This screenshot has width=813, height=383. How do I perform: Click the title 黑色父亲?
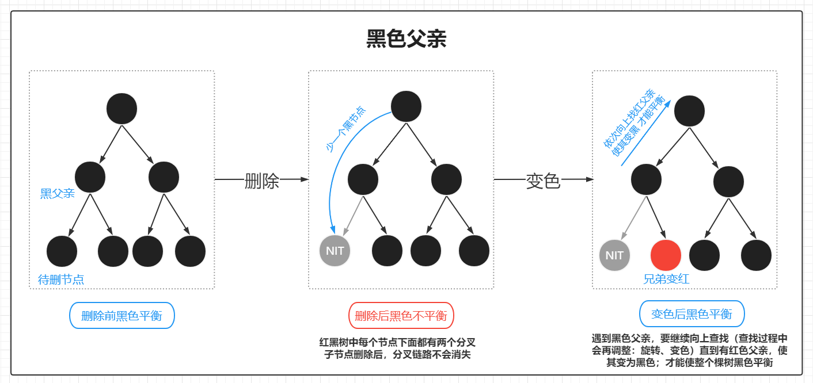point(406,39)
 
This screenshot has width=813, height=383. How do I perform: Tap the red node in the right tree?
point(666,255)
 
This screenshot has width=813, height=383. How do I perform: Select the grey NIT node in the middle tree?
point(335,251)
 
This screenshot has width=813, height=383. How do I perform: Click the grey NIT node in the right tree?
point(614,255)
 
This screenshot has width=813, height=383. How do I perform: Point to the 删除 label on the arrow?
point(262,181)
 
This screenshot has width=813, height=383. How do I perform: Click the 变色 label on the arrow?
point(543,181)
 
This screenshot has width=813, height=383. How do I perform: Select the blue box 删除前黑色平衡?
point(121,316)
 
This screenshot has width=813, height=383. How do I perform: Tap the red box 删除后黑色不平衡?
point(401,316)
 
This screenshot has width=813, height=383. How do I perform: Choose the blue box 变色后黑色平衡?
point(692,315)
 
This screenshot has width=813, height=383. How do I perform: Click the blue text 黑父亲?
point(58,194)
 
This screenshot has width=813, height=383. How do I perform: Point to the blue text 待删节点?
point(61,280)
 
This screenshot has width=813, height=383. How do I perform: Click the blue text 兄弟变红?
point(666,279)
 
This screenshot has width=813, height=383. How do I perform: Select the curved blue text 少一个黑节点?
point(345,129)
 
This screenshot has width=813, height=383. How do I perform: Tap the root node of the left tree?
point(121,109)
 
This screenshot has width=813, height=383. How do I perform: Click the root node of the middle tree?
point(406,106)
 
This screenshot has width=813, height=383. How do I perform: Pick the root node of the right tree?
point(689,111)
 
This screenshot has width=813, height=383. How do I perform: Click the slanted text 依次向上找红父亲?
point(628,118)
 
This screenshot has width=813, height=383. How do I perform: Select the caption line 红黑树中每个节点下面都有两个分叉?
point(397,342)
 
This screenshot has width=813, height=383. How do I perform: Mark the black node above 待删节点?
point(62,251)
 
